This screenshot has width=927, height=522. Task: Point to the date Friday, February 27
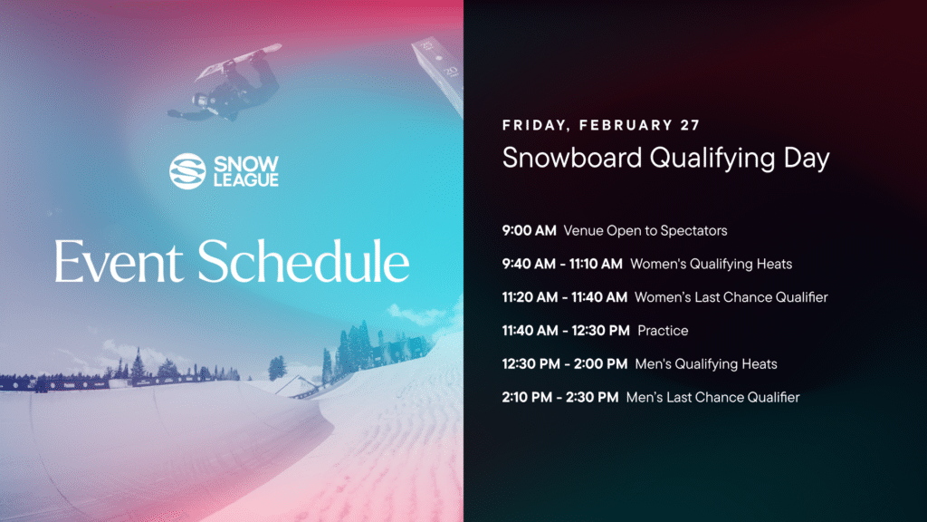(x=601, y=125)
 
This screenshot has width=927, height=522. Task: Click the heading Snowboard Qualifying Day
(x=665, y=158)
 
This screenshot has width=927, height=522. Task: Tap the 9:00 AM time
(x=529, y=231)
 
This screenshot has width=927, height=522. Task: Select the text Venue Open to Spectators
(x=645, y=231)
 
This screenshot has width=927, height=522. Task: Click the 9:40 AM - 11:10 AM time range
(x=562, y=265)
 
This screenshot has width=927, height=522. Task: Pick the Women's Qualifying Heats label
(x=711, y=265)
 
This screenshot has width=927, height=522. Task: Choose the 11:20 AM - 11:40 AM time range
(x=565, y=297)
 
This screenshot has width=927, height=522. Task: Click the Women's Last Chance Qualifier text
(x=731, y=297)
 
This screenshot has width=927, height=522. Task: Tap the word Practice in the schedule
(x=663, y=331)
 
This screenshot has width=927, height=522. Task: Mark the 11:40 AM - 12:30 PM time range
(x=566, y=331)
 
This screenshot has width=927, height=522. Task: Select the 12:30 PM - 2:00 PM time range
(x=565, y=364)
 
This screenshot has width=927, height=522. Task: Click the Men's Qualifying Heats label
(x=705, y=364)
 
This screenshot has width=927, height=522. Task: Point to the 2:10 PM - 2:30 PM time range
(x=560, y=397)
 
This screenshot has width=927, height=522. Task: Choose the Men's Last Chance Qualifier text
(x=712, y=397)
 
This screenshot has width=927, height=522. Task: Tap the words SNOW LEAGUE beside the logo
(x=246, y=170)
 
